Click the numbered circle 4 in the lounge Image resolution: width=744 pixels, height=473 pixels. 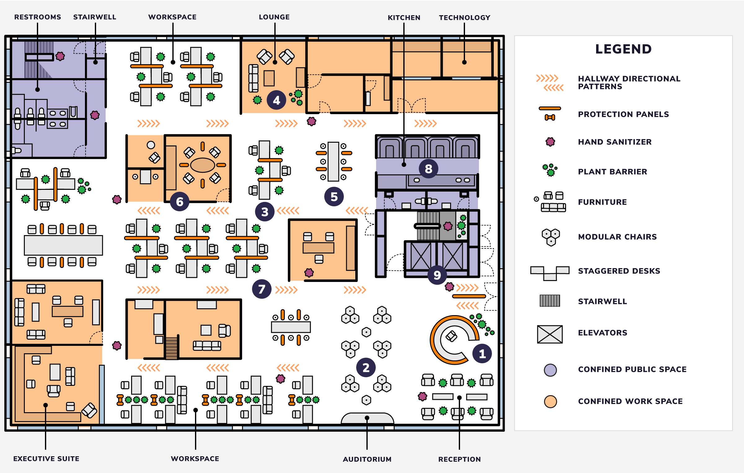(276, 100)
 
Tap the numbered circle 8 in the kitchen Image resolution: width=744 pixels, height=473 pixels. (428, 169)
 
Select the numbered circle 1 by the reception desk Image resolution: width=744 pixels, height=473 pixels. (482, 354)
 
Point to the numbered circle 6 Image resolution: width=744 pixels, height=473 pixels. (179, 202)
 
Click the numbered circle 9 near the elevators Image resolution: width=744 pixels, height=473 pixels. (437, 275)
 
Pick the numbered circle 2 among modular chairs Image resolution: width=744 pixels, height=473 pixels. (366, 368)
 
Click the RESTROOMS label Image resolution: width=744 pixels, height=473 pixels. (38, 17)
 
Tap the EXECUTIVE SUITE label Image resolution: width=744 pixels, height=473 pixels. (46, 458)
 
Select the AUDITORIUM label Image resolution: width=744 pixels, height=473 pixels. (367, 459)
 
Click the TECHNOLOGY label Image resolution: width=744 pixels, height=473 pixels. (464, 18)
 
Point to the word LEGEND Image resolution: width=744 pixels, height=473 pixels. (623, 49)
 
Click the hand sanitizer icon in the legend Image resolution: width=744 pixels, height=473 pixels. (550, 142)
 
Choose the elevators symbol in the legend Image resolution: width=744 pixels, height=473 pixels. (550, 334)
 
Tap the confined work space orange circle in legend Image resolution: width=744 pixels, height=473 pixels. (550, 401)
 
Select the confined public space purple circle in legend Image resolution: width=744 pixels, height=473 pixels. (550, 370)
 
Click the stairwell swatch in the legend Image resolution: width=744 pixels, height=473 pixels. (550, 301)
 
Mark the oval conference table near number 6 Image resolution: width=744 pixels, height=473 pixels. (202, 165)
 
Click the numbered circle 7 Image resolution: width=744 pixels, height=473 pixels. (262, 289)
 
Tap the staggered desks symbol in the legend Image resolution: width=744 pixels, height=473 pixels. (550, 272)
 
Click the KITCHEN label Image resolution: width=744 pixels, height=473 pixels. (404, 18)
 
